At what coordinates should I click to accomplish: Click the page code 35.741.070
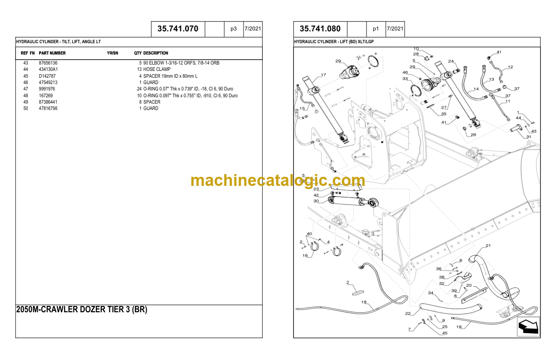tap(178, 29)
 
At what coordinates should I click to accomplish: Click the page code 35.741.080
tap(320, 29)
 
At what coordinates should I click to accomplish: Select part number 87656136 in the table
tap(48, 63)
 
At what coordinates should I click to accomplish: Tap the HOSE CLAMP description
tap(157, 69)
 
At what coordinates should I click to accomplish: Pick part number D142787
tap(47, 76)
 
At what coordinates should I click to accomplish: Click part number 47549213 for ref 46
tap(48, 82)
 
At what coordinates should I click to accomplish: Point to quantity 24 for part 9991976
tap(139, 89)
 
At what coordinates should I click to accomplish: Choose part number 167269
tap(46, 95)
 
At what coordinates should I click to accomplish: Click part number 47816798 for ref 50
tap(48, 109)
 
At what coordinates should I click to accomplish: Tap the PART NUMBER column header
tap(52, 53)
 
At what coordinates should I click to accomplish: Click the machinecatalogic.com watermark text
tap(278, 180)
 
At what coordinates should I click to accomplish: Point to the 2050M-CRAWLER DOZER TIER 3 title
tap(82, 310)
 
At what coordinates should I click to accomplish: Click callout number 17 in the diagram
tap(323, 75)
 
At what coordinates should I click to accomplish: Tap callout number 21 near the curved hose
tap(488, 246)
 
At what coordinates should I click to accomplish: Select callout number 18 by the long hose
tap(363, 302)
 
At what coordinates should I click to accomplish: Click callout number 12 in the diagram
tap(510, 67)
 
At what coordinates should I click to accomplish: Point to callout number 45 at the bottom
tap(445, 333)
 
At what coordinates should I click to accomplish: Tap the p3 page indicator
tap(233, 29)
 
